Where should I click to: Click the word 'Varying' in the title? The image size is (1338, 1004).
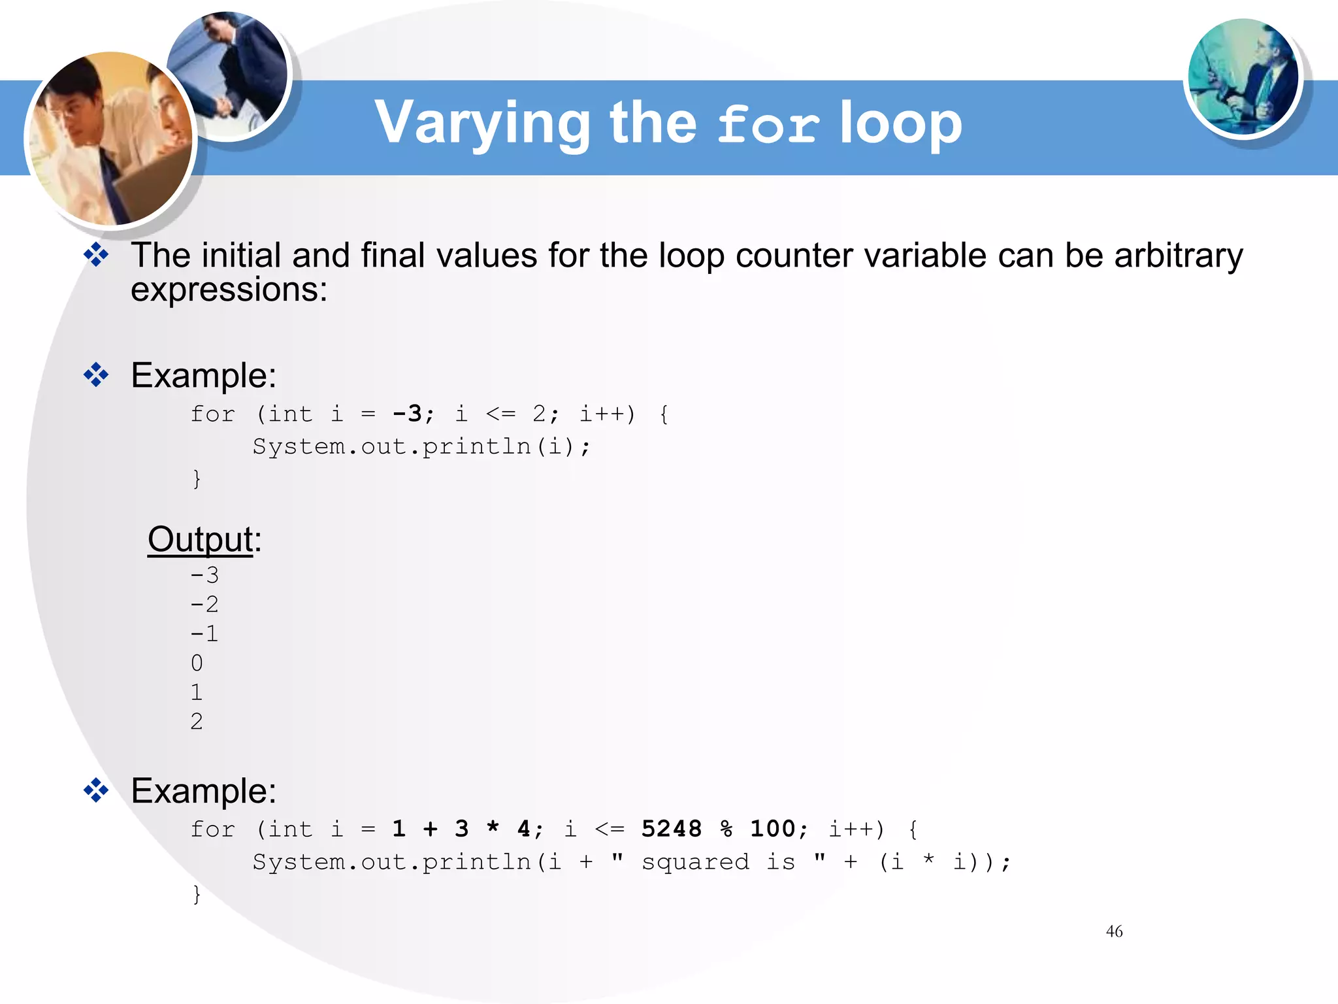point(482,124)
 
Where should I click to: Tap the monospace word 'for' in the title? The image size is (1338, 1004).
point(768,124)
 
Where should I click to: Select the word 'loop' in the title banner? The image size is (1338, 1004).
point(901,124)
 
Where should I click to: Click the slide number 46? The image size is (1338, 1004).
point(1114,931)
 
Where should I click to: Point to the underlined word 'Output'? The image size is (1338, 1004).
point(200,540)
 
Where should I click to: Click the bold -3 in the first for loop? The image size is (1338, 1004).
point(407,414)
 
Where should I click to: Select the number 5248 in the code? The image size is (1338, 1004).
point(671,829)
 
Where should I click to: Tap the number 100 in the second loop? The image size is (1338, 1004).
point(772,829)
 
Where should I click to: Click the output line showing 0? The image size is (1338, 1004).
point(197,663)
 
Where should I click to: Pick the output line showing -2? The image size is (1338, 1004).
point(204,604)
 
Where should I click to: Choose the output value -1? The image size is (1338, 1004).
point(204,633)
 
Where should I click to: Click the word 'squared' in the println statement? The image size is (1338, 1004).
point(694,862)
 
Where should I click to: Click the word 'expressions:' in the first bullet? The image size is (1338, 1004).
point(229,290)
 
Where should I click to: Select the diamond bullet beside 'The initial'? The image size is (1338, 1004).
point(96,255)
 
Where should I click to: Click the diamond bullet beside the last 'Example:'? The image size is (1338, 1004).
point(96,790)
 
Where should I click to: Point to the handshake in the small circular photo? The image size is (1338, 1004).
point(223,105)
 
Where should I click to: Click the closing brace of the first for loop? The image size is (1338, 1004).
point(197,478)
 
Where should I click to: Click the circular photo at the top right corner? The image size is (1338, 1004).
point(1243,77)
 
